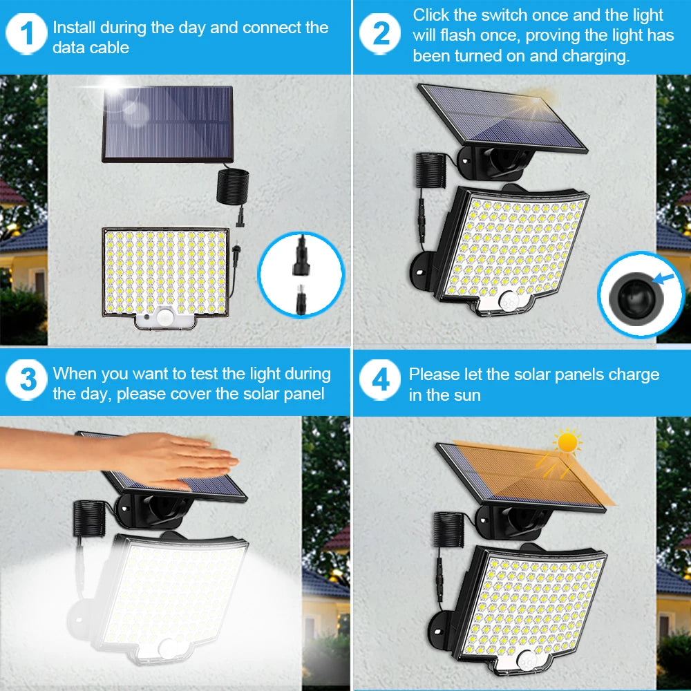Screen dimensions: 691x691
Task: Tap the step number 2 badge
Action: pyautogui.click(x=381, y=35)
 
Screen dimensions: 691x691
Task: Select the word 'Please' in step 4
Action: pyautogui.click(x=435, y=375)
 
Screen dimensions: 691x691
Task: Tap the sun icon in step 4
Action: pyautogui.click(x=567, y=441)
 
